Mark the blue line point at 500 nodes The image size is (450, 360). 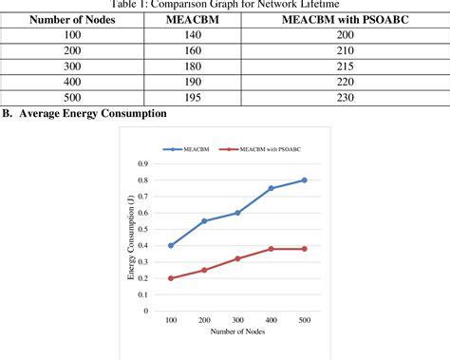[x=305, y=180]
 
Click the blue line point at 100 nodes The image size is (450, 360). [x=171, y=245]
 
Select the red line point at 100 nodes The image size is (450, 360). [x=171, y=278]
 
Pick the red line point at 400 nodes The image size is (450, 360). [x=272, y=249]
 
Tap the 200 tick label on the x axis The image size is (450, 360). [x=204, y=321]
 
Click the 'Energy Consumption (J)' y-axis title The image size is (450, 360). [x=130, y=237]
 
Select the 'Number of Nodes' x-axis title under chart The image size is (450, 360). [x=237, y=332]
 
